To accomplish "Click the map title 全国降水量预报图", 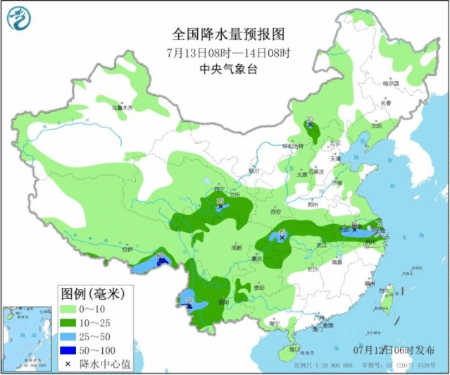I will [x=225, y=34].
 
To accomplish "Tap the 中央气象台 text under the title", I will [x=225, y=69].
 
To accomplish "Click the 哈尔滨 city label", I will [x=390, y=83].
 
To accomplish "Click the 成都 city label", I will [x=235, y=248].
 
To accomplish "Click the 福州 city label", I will [x=369, y=283].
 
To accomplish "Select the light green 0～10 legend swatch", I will [x=68, y=308].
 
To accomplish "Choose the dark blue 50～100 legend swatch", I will [x=68, y=350].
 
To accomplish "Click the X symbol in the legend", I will [x=68, y=363].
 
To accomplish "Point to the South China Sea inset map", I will [x=24, y=337].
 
